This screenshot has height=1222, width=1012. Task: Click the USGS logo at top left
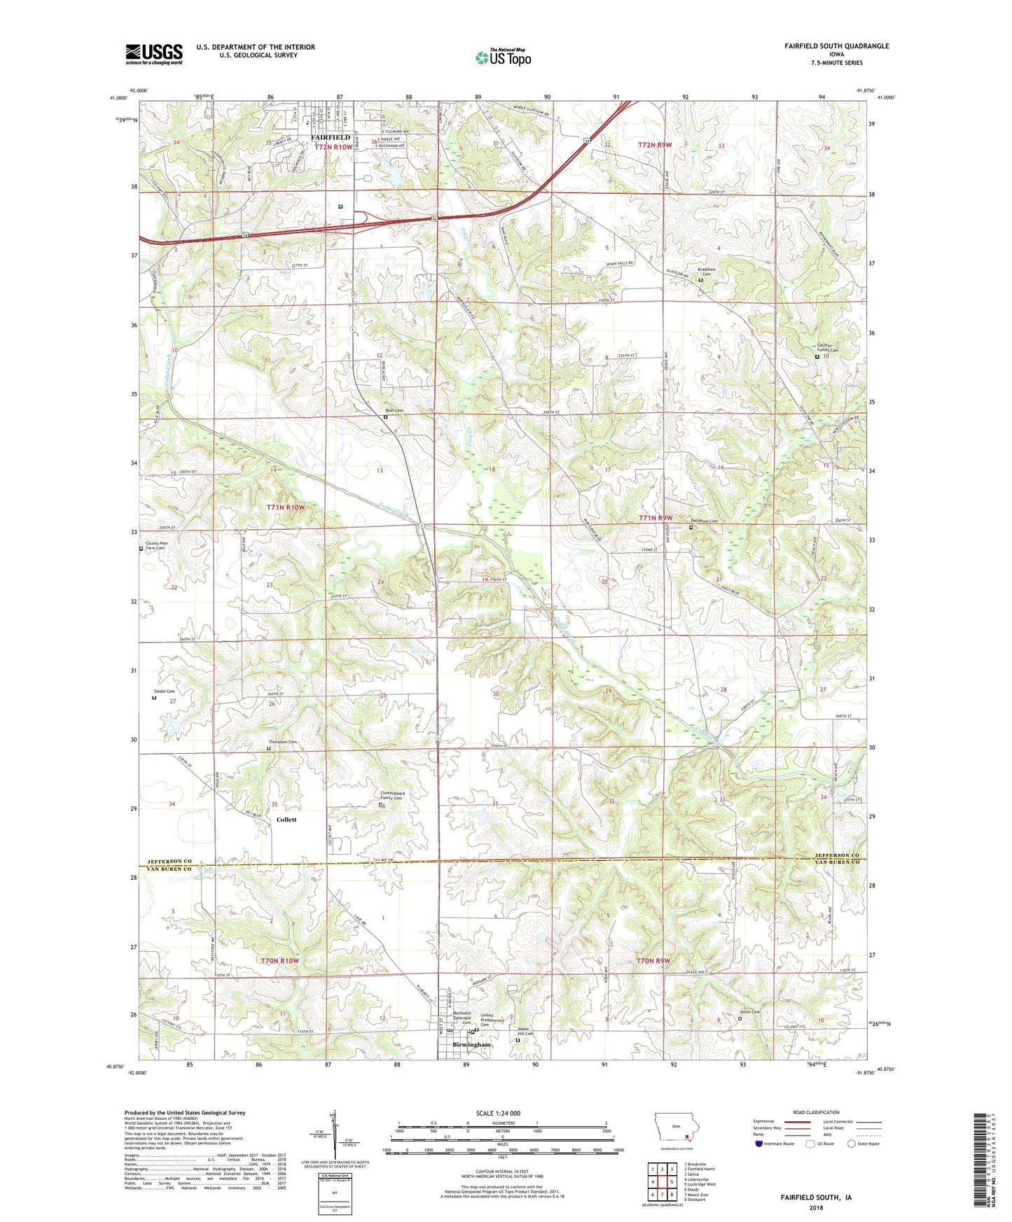154,54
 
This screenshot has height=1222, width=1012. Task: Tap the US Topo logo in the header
502,57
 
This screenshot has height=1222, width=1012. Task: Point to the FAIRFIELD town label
330,138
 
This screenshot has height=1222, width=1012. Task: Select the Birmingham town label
472,1044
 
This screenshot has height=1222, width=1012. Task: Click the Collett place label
286,820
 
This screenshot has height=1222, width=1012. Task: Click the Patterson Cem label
705,521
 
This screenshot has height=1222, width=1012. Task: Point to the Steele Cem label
164,691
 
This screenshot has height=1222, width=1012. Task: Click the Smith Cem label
749,1011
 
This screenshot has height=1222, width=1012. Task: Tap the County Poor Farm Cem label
155,545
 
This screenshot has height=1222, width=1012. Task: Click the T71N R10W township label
286,507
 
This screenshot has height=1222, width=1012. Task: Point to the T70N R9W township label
653,961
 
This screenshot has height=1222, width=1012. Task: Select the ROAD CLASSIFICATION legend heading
816,1112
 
